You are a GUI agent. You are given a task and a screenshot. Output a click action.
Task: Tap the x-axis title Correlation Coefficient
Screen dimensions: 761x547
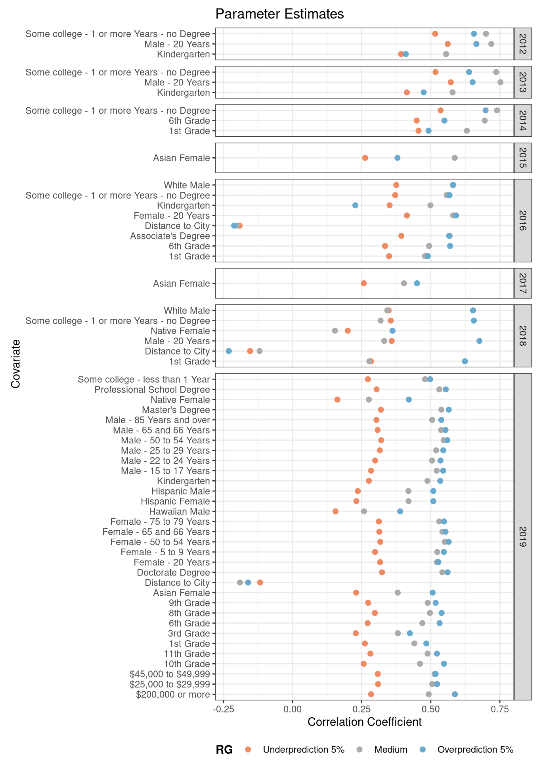pyautogui.click(x=364, y=722)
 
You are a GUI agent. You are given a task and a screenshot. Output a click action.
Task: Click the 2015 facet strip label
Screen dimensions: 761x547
pyautogui.click(x=523, y=158)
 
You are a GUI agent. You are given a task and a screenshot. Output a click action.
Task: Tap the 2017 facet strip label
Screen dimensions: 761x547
pyautogui.click(x=523, y=283)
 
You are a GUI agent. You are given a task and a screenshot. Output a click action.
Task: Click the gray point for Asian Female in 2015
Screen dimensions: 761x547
pyautogui.click(x=455, y=158)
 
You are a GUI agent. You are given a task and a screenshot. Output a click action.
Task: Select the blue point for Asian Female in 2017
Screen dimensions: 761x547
pyautogui.click(x=417, y=283)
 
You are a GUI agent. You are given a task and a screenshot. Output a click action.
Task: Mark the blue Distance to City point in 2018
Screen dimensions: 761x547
pyautogui.click(x=229, y=351)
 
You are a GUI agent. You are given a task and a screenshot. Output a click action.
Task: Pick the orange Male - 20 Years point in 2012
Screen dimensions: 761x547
pyautogui.click(x=447, y=44)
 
